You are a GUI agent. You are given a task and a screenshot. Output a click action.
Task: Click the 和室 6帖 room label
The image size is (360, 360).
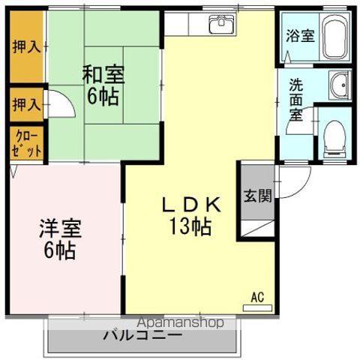click(103, 85)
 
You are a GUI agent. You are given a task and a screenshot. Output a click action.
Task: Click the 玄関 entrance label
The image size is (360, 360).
click(256, 196)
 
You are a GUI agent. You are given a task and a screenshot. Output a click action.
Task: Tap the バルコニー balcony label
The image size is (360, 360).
click(142, 334)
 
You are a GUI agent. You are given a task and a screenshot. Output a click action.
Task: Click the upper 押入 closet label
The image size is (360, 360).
click(26, 46)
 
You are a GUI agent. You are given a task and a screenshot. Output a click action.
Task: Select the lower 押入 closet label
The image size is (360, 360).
click(26, 104)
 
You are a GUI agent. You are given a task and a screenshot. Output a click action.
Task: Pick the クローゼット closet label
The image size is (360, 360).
click(26, 143)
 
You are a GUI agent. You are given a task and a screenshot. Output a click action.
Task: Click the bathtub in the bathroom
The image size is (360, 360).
click(342, 34)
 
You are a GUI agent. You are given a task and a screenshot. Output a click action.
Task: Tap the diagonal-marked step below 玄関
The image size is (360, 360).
click(256, 226)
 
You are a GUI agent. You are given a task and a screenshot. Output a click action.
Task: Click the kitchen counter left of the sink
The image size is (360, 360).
click(185, 24)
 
